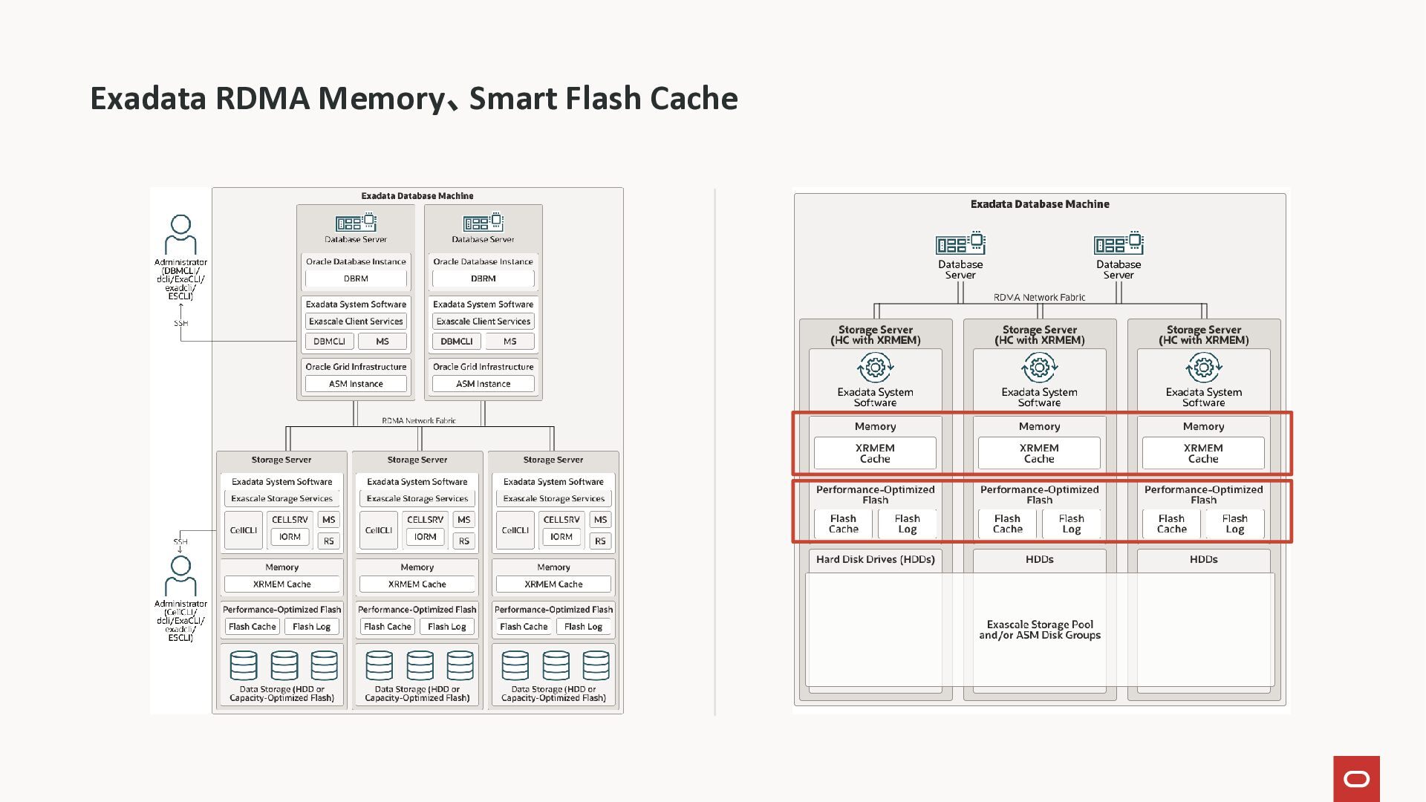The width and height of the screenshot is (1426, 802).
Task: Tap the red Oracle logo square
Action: coord(1356,779)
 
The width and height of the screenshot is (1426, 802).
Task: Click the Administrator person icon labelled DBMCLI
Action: coord(180,235)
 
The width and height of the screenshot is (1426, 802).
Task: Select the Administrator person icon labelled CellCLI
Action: coord(180,576)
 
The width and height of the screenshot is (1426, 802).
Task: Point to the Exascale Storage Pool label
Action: coord(1040,630)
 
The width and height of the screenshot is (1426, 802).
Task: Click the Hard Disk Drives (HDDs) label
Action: coord(875,559)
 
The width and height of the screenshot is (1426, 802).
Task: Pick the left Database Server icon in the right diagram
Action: coord(960,244)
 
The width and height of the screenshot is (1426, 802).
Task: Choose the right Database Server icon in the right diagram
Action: coord(1119,244)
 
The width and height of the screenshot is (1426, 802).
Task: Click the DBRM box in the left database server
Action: coord(356,278)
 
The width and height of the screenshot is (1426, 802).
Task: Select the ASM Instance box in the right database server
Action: coord(483,384)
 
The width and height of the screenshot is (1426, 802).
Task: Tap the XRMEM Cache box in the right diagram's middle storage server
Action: coord(1039,453)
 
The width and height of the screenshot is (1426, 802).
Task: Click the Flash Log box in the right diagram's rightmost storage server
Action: coord(1234,524)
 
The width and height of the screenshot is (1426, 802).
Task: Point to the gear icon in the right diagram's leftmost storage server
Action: coord(875,367)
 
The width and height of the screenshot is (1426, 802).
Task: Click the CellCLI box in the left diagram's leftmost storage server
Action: coord(244,530)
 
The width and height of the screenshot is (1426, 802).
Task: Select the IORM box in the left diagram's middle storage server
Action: coord(425,537)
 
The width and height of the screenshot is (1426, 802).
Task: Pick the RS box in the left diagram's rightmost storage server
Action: coord(600,541)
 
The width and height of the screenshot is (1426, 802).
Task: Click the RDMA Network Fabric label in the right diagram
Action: coord(1039,298)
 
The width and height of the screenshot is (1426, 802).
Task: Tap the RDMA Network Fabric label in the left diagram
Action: coord(419,420)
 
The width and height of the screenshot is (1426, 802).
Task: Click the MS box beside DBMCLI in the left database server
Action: coord(382,342)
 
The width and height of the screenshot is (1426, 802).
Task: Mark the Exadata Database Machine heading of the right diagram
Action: coord(1039,204)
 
